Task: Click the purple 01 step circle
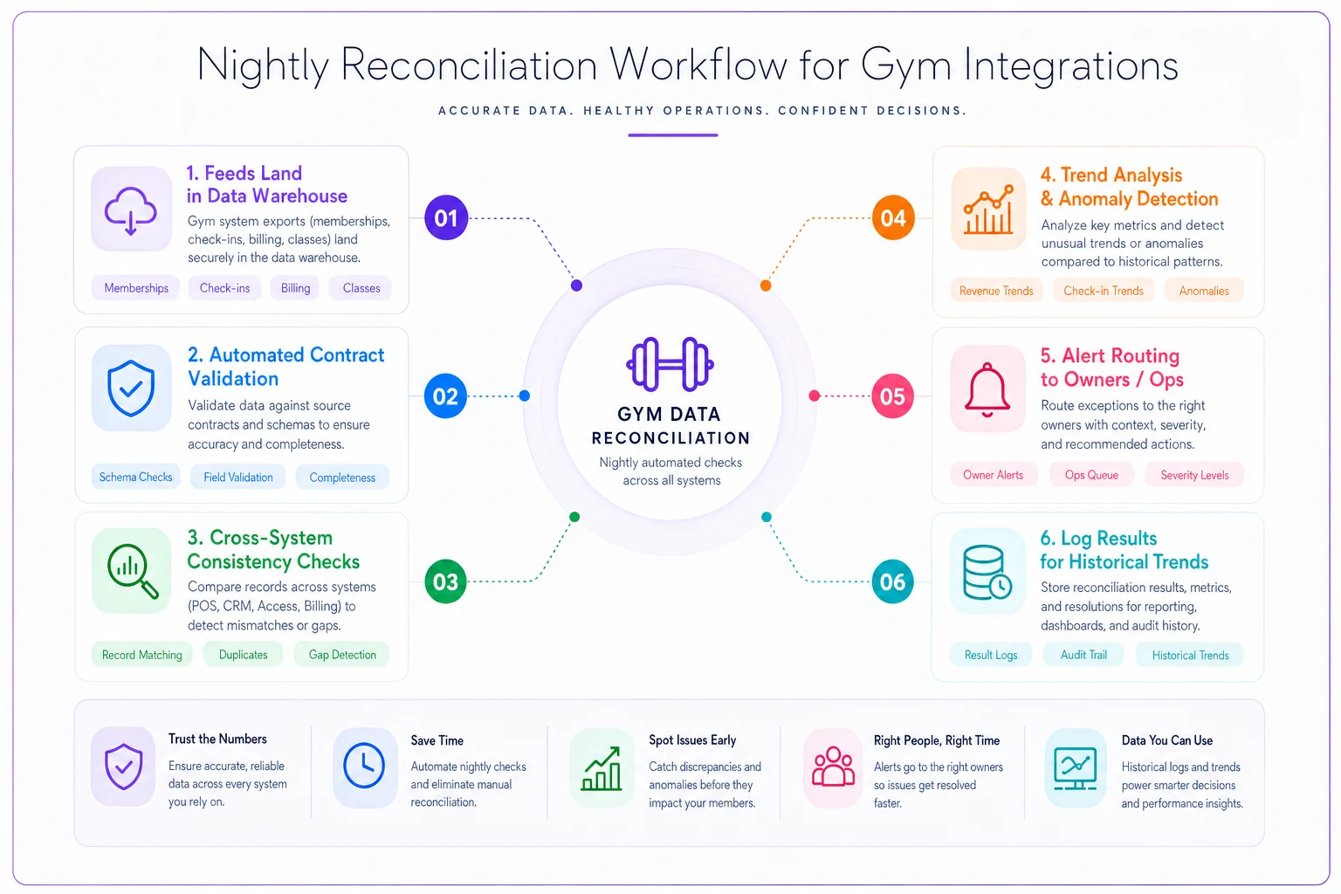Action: click(446, 217)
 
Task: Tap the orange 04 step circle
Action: click(892, 217)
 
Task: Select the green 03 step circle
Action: click(445, 581)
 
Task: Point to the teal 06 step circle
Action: click(892, 581)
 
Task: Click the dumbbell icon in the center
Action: click(670, 364)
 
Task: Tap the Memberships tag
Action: click(136, 288)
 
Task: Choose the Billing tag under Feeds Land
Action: click(295, 288)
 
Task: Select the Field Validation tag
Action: click(237, 478)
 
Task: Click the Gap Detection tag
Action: click(342, 655)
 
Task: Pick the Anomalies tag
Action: click(1204, 291)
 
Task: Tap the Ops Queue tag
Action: click(1091, 475)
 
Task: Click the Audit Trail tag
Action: click(1083, 655)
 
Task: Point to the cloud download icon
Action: click(130, 210)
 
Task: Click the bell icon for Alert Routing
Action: click(987, 389)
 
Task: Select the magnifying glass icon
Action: click(133, 570)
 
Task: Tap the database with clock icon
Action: click(987, 572)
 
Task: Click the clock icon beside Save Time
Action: click(364, 766)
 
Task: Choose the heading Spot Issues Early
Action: click(692, 740)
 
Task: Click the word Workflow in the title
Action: click(698, 65)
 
